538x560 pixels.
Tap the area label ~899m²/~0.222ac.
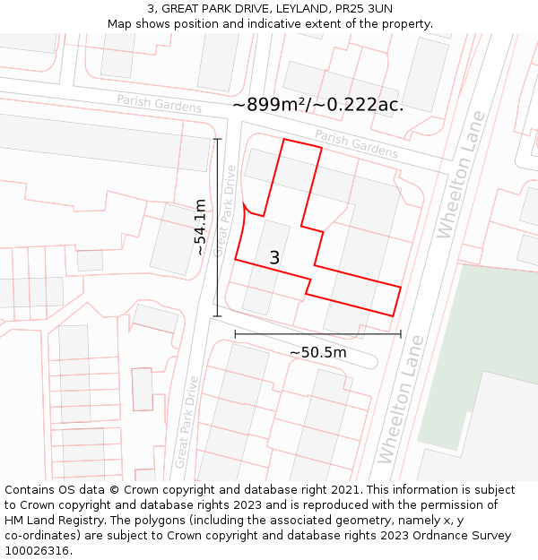coord(317,105)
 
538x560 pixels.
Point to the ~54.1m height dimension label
coord(201,228)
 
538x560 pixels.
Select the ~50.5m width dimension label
coord(317,353)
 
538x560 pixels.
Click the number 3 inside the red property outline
coord(274,258)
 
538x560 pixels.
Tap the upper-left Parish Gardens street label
coord(160,104)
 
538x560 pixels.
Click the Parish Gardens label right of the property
coord(356,144)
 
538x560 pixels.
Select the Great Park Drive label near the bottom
coord(187,421)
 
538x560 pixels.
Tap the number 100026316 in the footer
coord(39,551)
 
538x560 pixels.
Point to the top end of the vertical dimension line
coord(217,139)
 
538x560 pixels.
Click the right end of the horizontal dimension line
coord(401,334)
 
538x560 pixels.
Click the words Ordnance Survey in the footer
coord(463,536)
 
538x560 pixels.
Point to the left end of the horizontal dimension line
coord(235,334)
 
